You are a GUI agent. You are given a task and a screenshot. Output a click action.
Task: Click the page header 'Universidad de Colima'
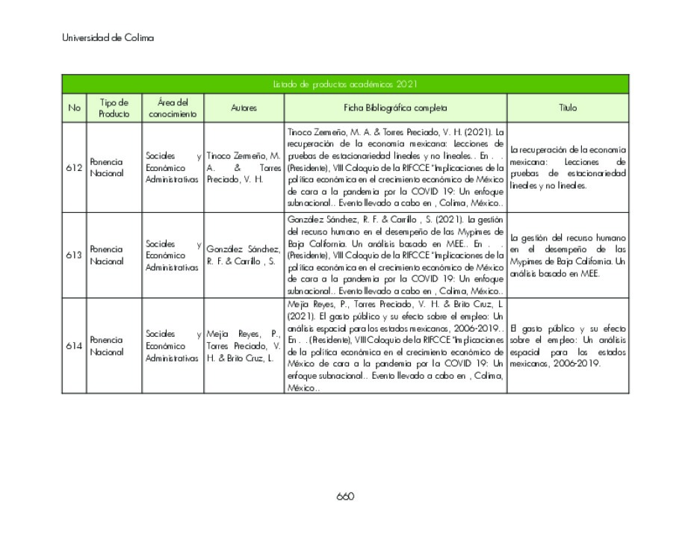tap(108, 38)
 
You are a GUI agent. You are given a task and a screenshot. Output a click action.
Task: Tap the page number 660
tap(344, 496)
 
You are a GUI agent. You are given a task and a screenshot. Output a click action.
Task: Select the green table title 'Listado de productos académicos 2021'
tap(345, 84)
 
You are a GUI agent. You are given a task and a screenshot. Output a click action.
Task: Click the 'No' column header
tap(74, 108)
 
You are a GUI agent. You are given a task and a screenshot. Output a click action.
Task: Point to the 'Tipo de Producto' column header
tap(114, 108)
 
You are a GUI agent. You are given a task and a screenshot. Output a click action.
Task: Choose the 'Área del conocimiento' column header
tap(173, 108)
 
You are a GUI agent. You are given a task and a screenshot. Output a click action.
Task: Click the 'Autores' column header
tap(244, 108)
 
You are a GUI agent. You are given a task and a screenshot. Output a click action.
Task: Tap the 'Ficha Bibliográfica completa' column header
tap(395, 108)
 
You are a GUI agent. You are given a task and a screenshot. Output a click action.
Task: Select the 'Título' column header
tap(568, 108)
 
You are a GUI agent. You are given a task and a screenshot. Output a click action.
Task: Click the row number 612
tap(74, 167)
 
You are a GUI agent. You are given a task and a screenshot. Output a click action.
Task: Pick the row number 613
tap(74, 255)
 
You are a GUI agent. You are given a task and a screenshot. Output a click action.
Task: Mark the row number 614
tap(74, 346)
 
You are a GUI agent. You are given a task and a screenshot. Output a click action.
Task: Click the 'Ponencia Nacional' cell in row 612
tap(107, 167)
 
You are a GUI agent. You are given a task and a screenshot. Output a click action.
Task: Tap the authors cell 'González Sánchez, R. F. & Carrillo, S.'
tap(244, 255)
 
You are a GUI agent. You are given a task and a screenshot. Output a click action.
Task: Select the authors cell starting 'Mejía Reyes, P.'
tap(244, 346)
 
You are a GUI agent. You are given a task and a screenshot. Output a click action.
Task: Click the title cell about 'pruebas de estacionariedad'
tap(568, 167)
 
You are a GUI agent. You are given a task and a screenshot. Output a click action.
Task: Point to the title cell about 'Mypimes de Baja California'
tap(568, 255)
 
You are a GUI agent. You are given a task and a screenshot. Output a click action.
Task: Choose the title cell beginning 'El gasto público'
tap(568, 346)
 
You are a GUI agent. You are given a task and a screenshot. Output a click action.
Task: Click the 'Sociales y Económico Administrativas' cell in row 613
tap(173, 255)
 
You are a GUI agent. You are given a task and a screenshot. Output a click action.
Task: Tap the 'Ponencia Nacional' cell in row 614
tap(107, 346)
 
